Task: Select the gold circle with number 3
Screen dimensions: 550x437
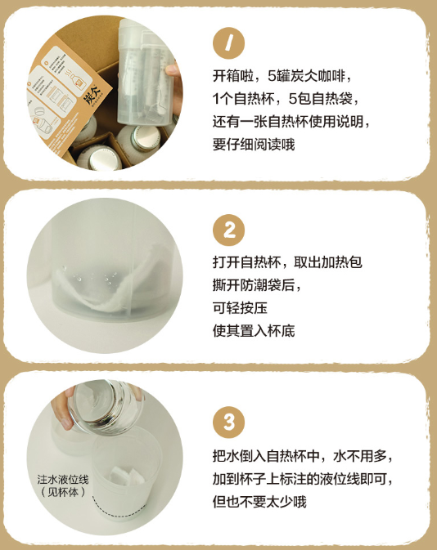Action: coord(228,422)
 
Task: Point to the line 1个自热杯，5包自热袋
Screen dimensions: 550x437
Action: coord(283,99)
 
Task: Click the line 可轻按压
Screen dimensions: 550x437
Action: coord(240,309)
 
